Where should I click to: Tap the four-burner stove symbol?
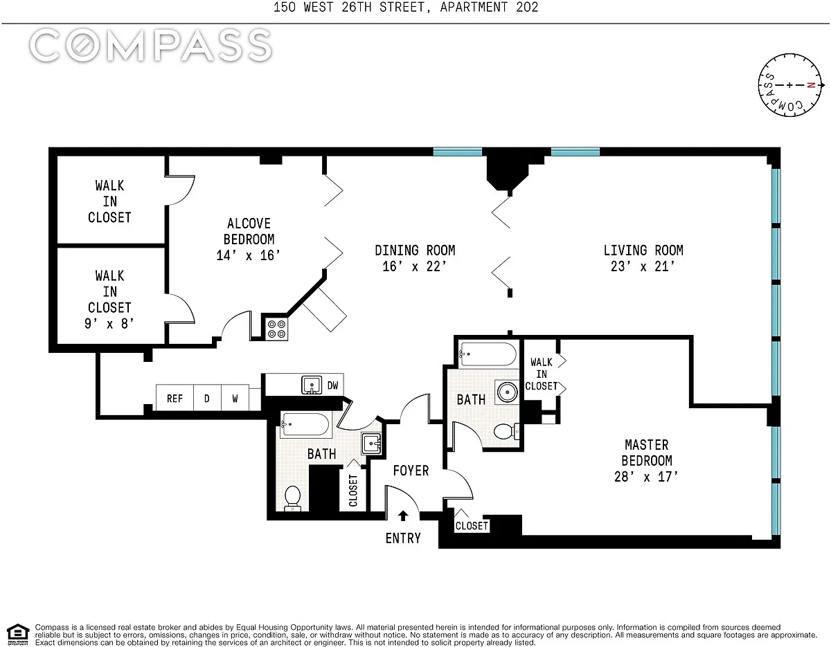tap(278, 327)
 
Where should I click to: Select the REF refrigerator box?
tap(175, 399)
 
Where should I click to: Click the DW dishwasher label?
tap(332, 385)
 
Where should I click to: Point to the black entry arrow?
tap(403, 516)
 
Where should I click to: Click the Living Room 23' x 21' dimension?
tap(643, 266)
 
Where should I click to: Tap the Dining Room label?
tap(415, 250)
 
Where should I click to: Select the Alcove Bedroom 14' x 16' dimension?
tap(249, 255)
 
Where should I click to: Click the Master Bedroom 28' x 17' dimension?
tap(646, 477)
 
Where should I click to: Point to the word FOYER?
tap(411, 471)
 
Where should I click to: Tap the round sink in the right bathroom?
tap(507, 390)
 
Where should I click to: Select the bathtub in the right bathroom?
tap(489, 354)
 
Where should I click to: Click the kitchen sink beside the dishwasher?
tap(312, 385)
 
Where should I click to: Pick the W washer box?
tap(235, 399)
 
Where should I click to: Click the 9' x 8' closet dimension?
tap(109, 323)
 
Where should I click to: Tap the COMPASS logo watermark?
tap(150, 46)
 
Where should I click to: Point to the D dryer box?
tap(206, 399)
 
